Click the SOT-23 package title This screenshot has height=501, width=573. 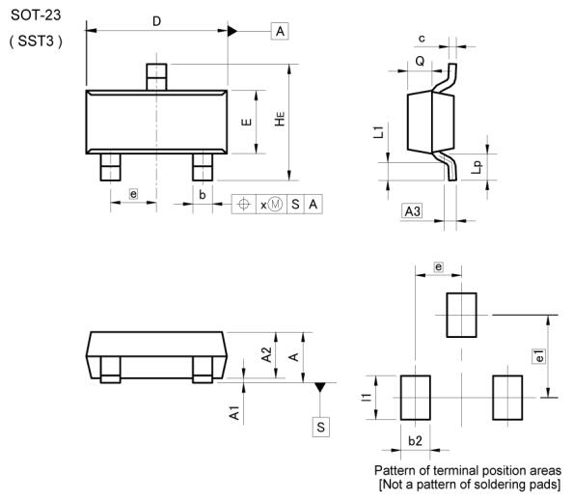pyautogui.click(x=36, y=15)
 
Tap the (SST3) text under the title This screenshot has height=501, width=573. pyautogui.click(x=36, y=41)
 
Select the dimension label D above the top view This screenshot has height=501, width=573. pyautogui.click(x=156, y=21)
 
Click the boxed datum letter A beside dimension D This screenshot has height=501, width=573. pyautogui.click(x=280, y=31)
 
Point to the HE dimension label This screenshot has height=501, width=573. pyautogui.click(x=280, y=119)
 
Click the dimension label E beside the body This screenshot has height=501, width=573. pyautogui.click(x=246, y=122)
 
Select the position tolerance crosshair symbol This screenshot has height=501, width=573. pyautogui.click(x=243, y=204)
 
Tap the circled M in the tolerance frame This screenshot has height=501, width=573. pyautogui.click(x=275, y=204)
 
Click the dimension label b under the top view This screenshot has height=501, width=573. pyautogui.click(x=202, y=195)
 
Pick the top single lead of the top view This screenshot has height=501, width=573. pyautogui.click(x=156, y=77)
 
